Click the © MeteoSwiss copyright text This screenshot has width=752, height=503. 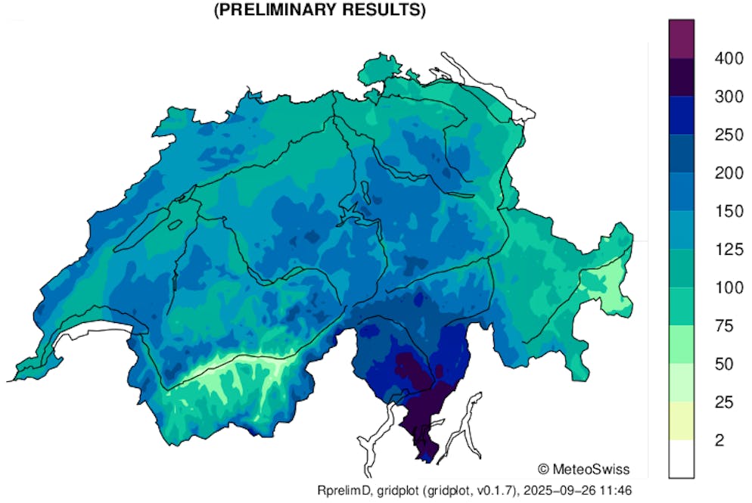[x=583, y=469]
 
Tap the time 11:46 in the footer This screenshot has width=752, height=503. [x=616, y=489]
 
